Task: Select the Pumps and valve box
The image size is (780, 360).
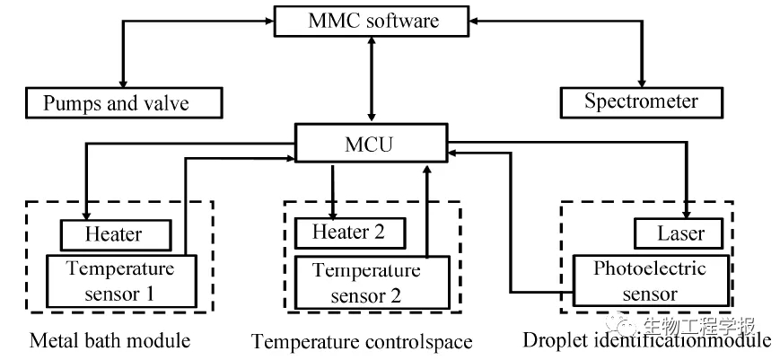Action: click(123, 102)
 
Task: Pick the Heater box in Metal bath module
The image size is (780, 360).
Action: click(114, 235)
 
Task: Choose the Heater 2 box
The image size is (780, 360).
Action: click(350, 233)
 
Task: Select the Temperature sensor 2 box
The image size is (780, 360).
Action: click(372, 282)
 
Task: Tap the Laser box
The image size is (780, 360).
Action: click(681, 234)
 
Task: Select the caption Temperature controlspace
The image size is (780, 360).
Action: click(362, 342)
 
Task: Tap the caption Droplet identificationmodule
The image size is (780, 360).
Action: click(646, 340)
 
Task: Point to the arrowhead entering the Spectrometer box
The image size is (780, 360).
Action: click(642, 83)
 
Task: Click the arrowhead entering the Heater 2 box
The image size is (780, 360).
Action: click(333, 214)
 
